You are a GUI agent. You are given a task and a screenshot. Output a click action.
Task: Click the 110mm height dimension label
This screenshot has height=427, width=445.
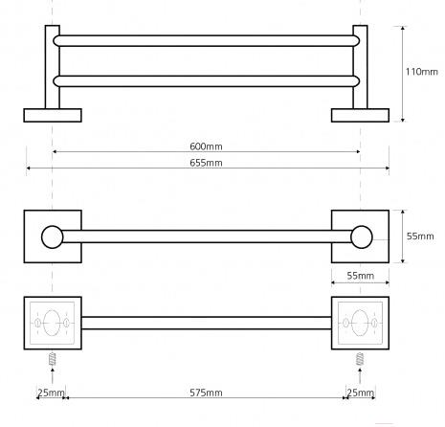(x=421, y=72)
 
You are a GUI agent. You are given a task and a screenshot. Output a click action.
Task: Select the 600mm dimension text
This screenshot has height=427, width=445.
(x=206, y=146)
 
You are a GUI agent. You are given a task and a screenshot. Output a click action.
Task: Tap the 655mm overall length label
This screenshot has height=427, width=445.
(x=206, y=163)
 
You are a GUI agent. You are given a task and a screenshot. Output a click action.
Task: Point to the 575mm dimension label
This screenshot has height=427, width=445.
(x=206, y=393)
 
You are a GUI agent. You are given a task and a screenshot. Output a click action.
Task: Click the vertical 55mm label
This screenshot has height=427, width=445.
(x=420, y=236)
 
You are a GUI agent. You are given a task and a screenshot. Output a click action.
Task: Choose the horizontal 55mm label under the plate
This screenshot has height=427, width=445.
(x=361, y=276)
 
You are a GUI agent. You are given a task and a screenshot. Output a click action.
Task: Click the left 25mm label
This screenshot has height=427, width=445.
(x=51, y=393)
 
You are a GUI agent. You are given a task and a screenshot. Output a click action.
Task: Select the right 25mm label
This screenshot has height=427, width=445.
(x=360, y=393)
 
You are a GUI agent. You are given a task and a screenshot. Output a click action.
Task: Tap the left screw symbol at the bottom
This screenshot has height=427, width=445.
(x=53, y=359)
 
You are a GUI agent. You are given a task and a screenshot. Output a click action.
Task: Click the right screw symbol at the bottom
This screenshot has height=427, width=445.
(x=360, y=359)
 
